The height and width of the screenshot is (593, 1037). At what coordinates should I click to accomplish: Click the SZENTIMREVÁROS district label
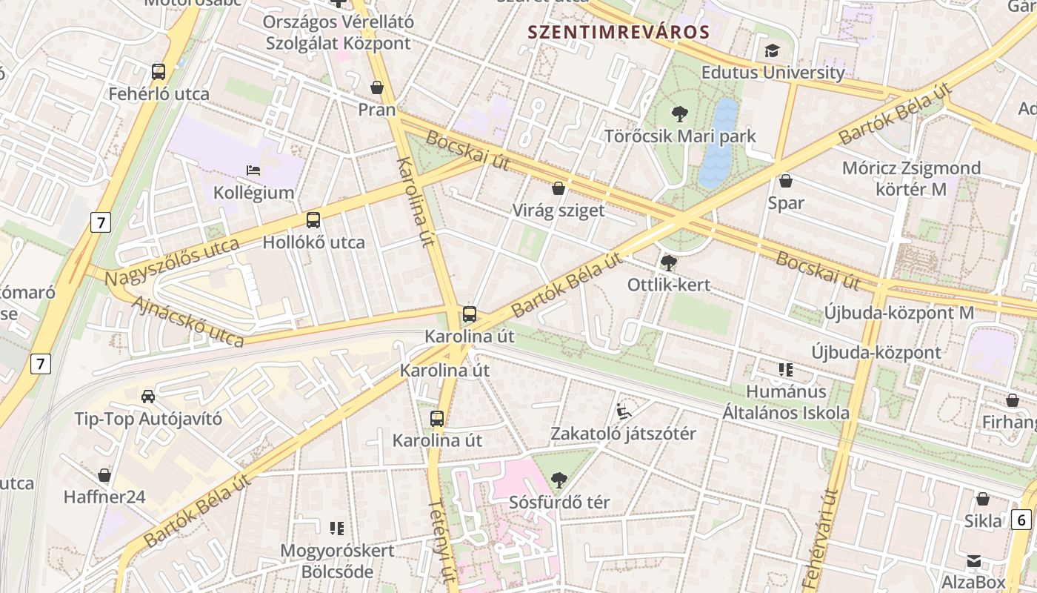coord(618,32)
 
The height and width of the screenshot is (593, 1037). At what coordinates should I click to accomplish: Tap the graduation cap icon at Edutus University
coord(773,50)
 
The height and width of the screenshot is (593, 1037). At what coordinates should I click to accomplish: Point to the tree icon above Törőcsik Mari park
coord(679,114)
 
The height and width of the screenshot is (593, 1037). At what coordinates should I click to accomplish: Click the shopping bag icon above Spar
coord(786,181)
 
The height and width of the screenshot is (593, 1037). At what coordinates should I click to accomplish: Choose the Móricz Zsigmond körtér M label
coord(911,178)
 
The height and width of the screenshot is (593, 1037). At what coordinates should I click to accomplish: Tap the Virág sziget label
coord(558,211)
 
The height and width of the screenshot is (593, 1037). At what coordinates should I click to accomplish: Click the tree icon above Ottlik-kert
coord(668,262)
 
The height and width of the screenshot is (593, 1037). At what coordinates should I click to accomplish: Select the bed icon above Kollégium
coord(253,170)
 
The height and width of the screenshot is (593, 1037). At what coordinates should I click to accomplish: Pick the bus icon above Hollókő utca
coord(313,220)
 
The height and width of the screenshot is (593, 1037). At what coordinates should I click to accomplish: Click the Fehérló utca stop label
coord(159,94)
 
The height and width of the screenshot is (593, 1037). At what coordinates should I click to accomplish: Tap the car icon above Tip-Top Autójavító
coord(148,396)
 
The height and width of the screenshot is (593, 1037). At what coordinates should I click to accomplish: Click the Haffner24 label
coord(104,497)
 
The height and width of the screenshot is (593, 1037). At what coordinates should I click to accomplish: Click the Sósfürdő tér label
coord(559,502)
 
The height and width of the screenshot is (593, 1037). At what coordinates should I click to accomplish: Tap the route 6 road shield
coord(1020,520)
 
